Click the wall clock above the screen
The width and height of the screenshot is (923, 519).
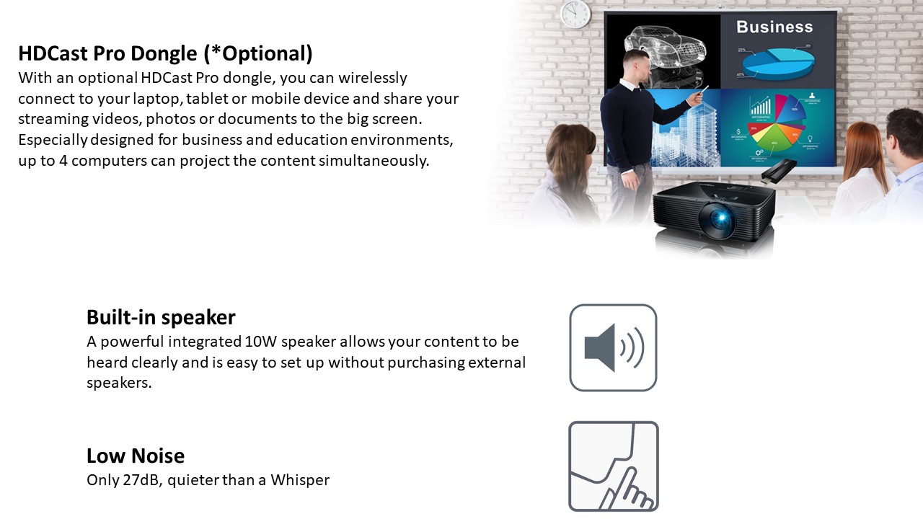click(575, 14)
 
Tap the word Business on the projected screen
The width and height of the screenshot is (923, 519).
click(774, 27)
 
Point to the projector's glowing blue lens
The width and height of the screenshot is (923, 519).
click(720, 218)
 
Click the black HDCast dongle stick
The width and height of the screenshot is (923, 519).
click(778, 171)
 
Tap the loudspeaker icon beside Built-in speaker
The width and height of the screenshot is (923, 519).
click(613, 347)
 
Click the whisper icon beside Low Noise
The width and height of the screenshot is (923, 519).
click(613, 466)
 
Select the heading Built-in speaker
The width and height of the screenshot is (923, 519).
click(161, 317)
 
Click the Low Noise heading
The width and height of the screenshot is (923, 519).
click(136, 456)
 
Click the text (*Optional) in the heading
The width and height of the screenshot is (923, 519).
click(258, 53)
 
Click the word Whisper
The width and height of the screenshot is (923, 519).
click(300, 480)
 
